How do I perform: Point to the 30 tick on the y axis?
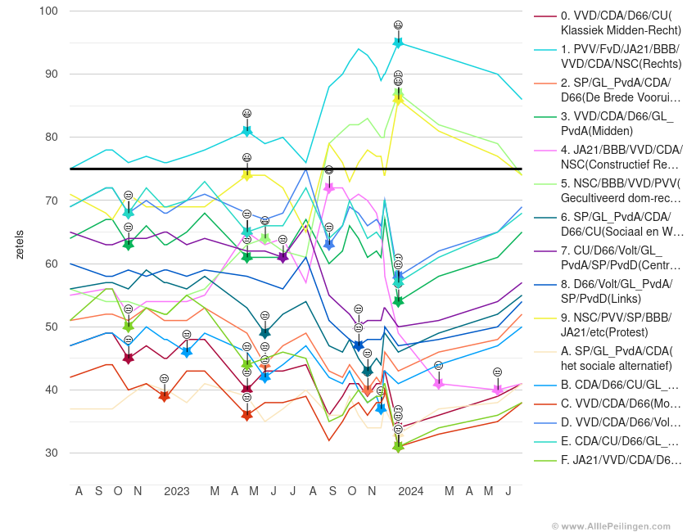[51, 453]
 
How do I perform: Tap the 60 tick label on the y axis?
[51, 264]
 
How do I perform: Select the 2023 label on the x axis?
[176, 491]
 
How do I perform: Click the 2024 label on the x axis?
[410, 491]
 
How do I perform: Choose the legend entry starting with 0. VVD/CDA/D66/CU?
[620, 23]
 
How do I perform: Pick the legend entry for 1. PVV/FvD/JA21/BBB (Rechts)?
[620, 56]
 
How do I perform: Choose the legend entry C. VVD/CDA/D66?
[621, 404]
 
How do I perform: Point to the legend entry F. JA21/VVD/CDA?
[621, 460]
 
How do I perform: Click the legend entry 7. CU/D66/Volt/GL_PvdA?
[620, 258]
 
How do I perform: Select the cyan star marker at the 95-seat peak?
[398, 42]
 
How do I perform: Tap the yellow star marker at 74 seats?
[246, 174]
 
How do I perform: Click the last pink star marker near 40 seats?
[497, 390]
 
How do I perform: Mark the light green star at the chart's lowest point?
[398, 446]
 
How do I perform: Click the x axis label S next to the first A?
[98, 491]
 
